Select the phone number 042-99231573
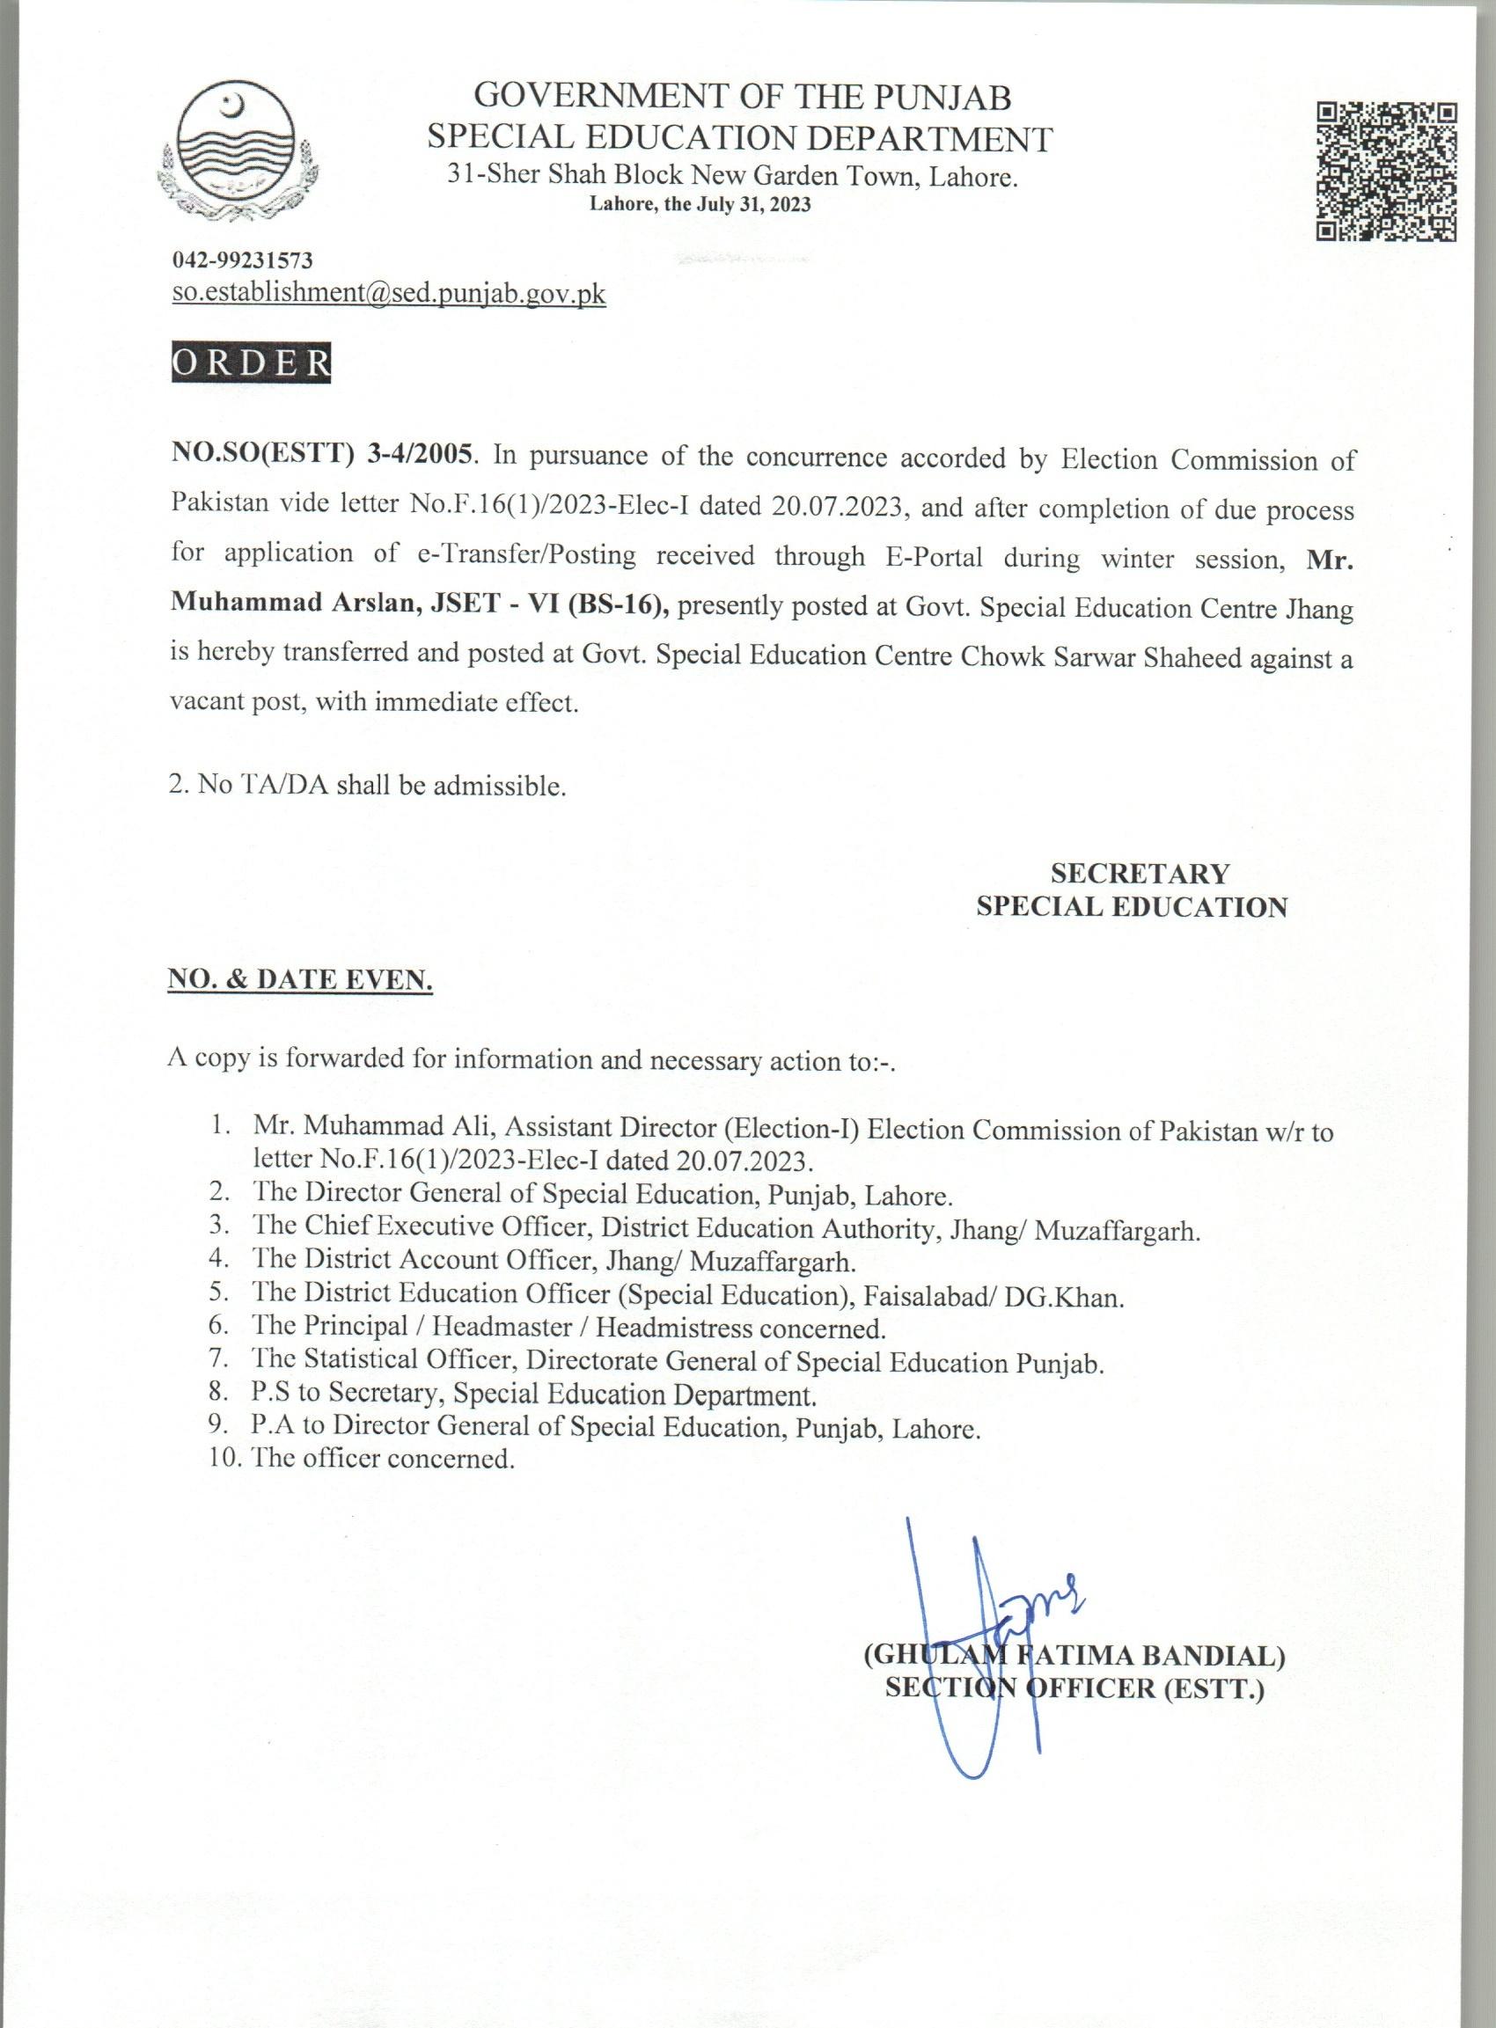242,260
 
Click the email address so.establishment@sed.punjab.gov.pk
388,294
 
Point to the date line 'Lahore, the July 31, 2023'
700,205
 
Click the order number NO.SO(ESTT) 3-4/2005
321,455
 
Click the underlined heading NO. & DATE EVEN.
301,979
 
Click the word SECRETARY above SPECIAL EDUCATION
1140,874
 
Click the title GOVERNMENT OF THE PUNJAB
742,95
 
